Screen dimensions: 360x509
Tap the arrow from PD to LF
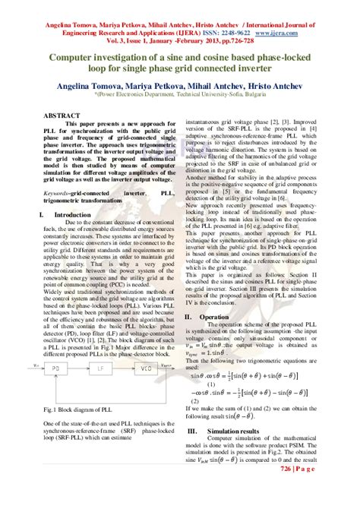[x=83, y=389]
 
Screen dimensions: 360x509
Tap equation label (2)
[x=195, y=400]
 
